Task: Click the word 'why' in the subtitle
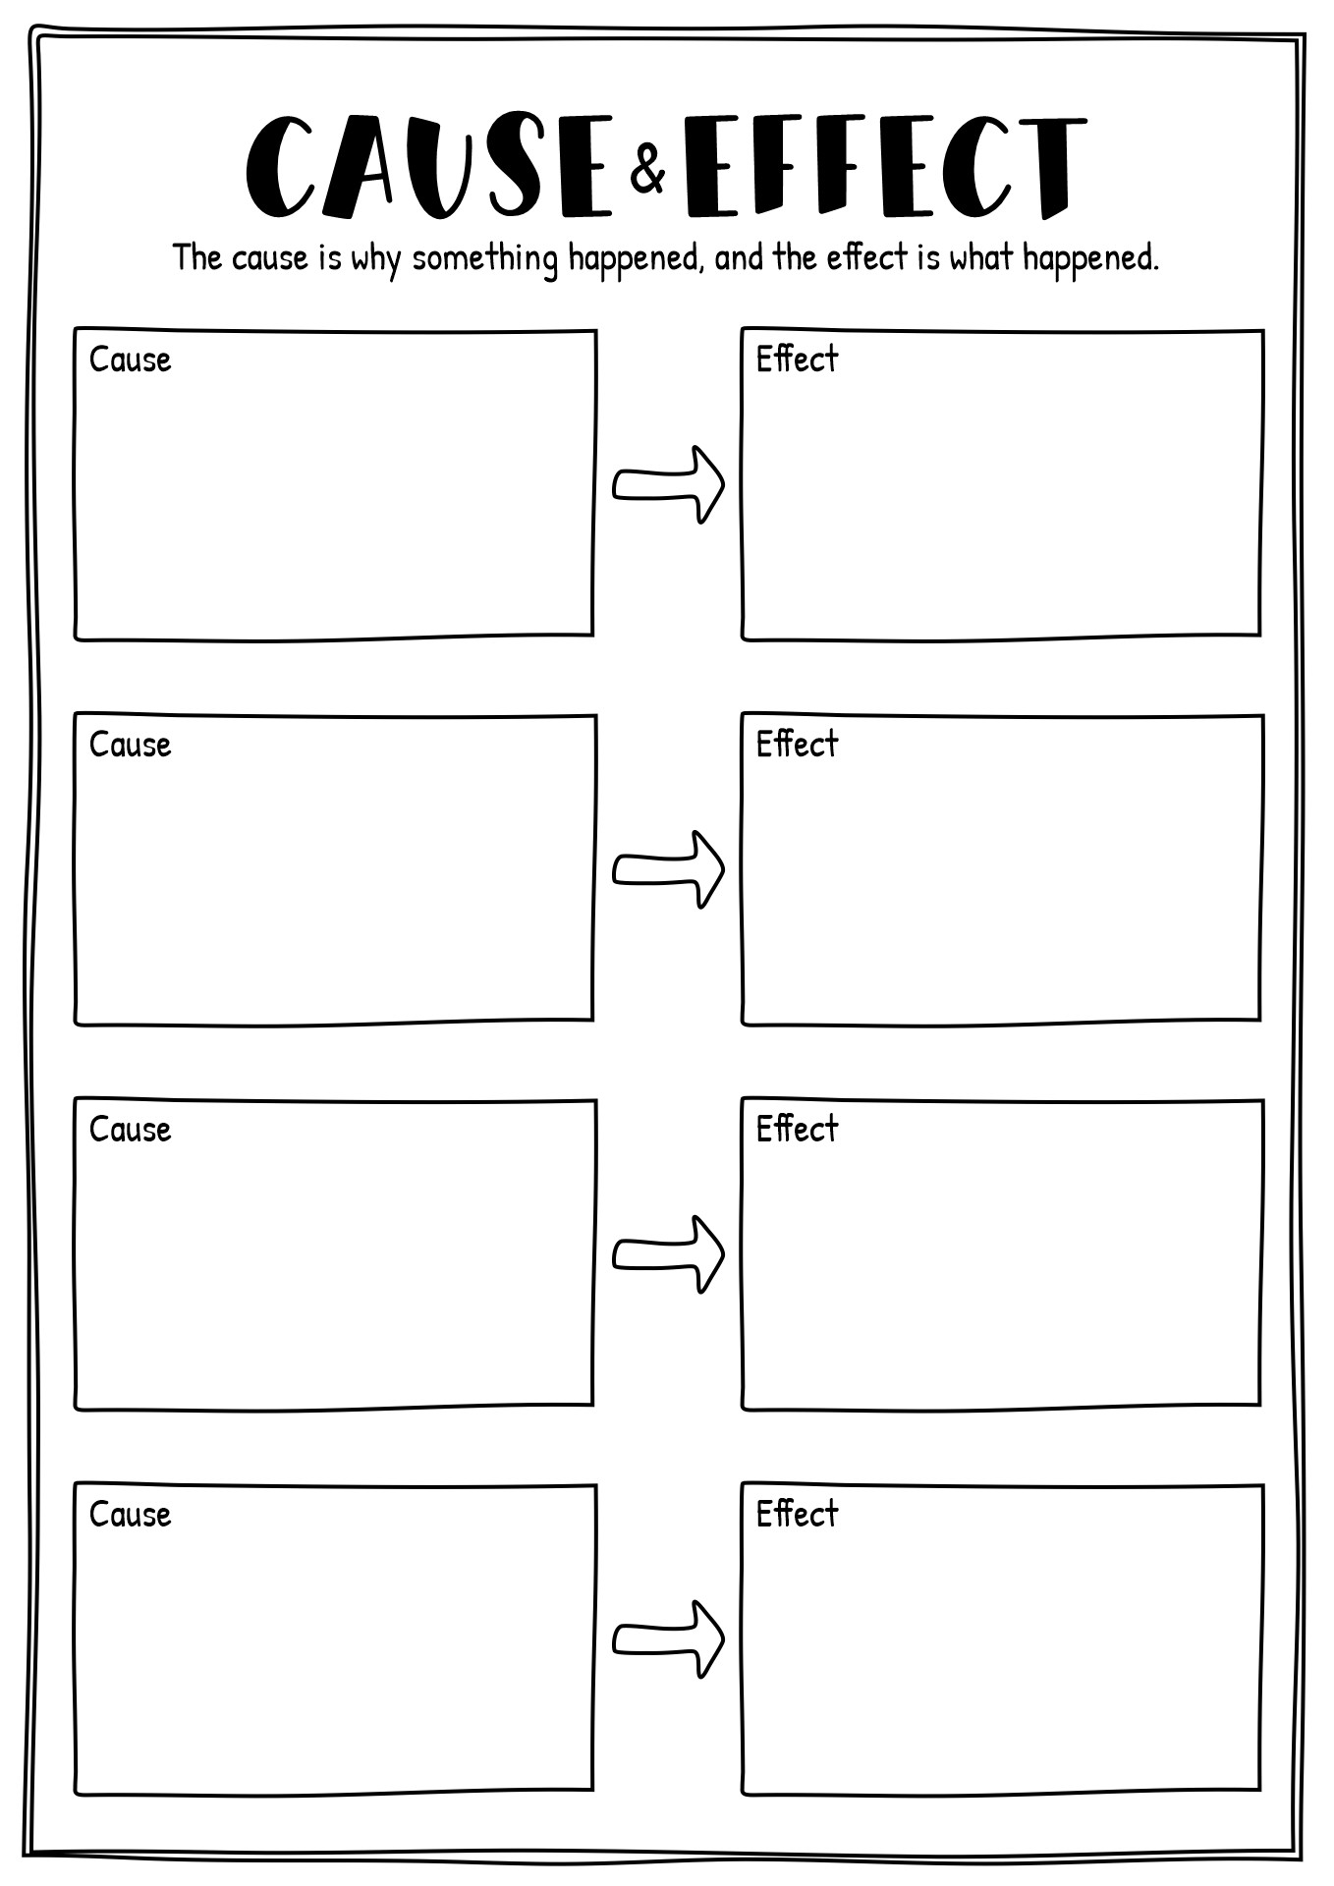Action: (376, 260)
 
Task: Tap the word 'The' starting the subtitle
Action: (198, 257)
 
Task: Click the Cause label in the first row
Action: (130, 361)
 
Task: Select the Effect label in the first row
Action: (797, 359)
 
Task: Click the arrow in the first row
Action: (668, 484)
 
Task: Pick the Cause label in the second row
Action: (130, 746)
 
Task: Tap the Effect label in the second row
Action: (797, 744)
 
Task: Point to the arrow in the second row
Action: (668, 869)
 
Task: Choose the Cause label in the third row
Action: (130, 1131)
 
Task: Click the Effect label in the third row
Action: (797, 1129)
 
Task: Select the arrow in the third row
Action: (668, 1254)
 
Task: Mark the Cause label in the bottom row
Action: (130, 1516)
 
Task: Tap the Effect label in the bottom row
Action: (797, 1514)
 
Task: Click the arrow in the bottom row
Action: (668, 1639)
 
